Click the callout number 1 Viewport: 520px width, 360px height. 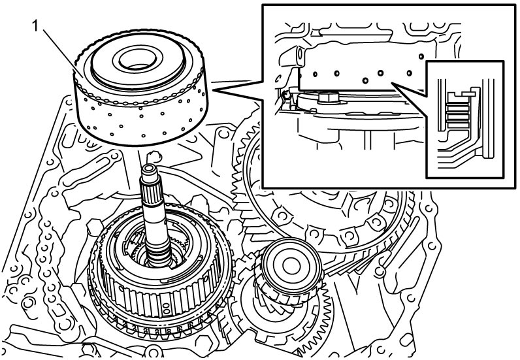36,27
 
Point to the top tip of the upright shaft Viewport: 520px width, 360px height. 149,165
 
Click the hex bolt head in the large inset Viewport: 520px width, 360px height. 328,97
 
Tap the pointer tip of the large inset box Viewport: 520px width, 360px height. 213,90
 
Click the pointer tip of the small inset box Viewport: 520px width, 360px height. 392,83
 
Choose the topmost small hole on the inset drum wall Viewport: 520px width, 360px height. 421,56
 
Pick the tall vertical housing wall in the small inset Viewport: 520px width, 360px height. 488,118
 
